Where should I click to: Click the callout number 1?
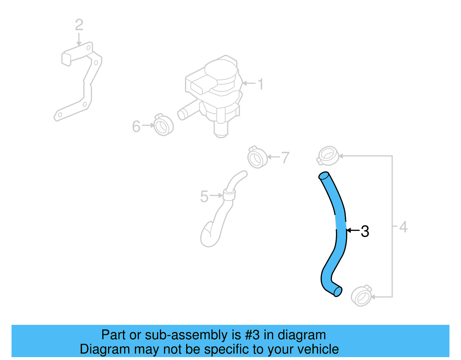(260, 84)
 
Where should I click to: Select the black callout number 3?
(365, 231)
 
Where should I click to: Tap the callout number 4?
(403, 227)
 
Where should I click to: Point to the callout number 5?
(204, 197)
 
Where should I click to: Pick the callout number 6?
(136, 127)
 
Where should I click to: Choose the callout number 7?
(285, 158)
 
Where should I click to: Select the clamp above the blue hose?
(328, 156)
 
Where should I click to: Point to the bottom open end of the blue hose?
(338, 292)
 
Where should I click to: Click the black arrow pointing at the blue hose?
(353, 230)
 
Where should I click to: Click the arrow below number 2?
(79, 39)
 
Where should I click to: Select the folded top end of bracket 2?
(66, 59)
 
